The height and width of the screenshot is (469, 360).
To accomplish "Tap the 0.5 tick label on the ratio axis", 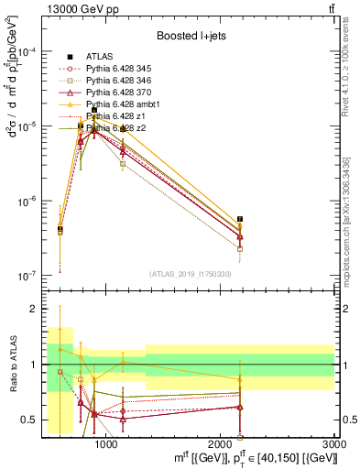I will tap(31, 420).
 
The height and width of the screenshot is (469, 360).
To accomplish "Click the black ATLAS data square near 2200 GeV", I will tap(240, 220).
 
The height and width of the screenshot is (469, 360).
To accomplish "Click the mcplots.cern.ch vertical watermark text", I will tap(352, 220).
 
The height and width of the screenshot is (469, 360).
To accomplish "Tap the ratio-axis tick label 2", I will tap(35, 309).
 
